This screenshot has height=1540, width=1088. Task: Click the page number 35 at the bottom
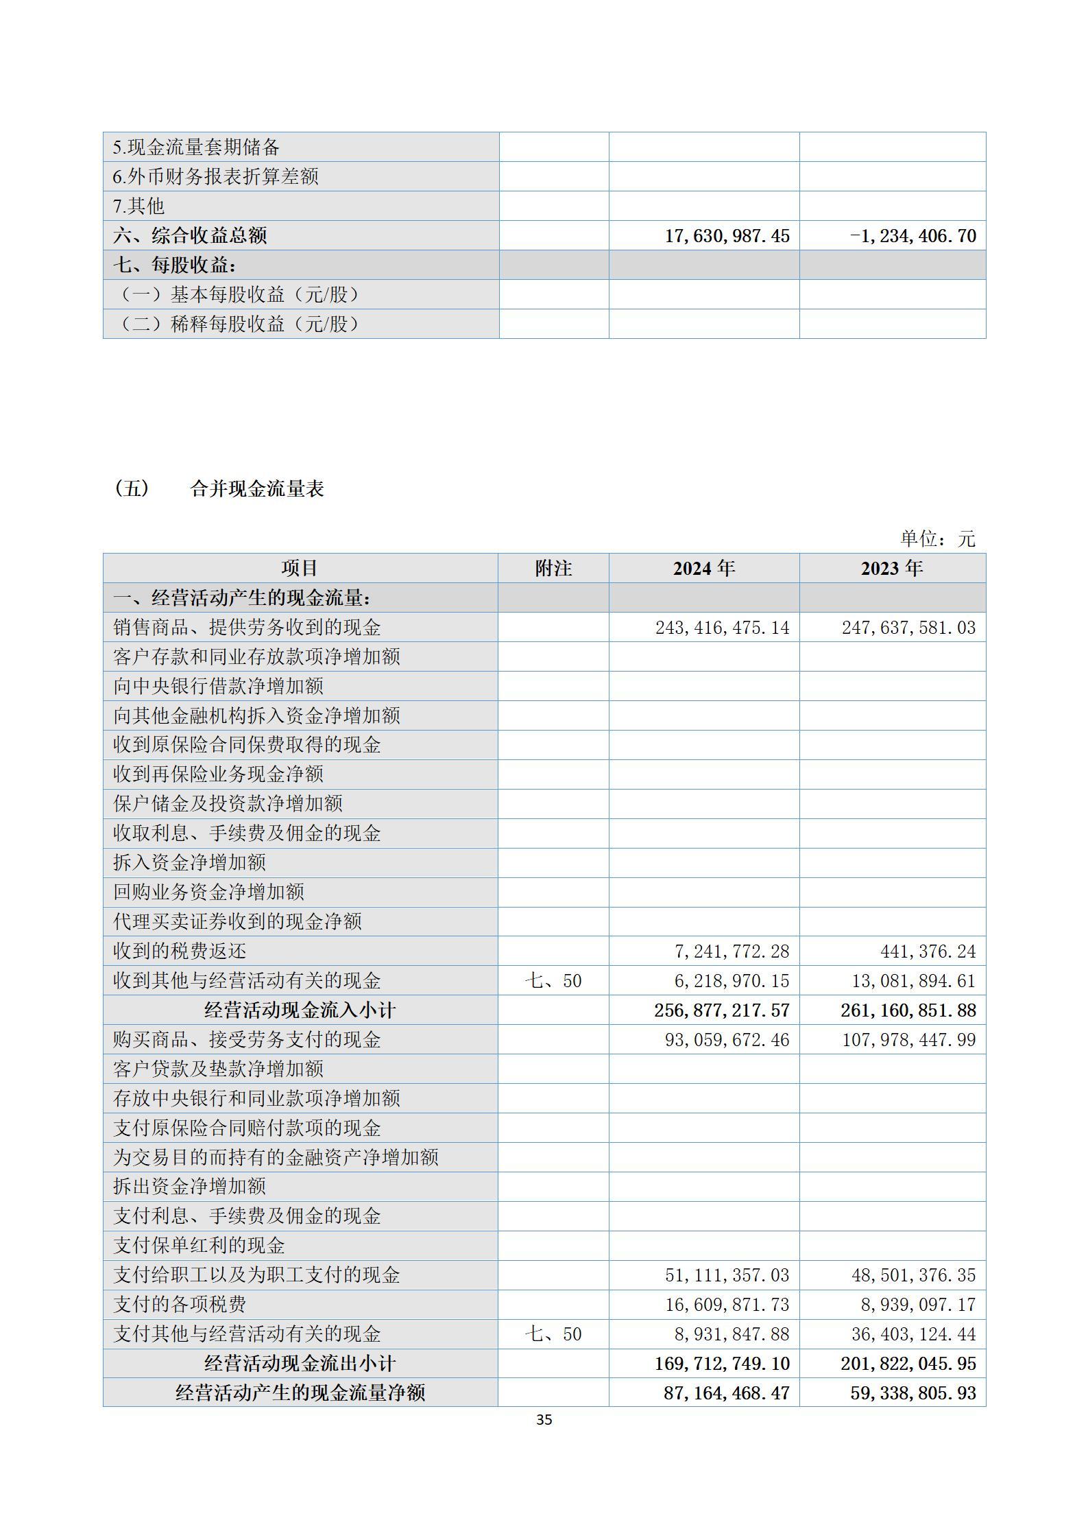[544, 1419]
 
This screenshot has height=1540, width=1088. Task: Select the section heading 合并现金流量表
[257, 489]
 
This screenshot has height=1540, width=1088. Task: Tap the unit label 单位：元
[937, 539]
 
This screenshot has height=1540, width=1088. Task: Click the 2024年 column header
[703, 569]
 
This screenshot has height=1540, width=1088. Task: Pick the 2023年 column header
[892, 569]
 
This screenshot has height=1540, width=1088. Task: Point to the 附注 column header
[553, 569]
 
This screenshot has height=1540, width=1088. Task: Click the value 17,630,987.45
[727, 236]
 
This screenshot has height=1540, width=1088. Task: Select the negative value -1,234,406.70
[912, 236]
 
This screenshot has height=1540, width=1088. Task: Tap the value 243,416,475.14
[722, 628]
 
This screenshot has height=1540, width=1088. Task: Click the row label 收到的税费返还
[180, 951]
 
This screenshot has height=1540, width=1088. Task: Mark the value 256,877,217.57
[722, 1010]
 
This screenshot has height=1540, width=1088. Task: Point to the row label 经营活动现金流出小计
[300, 1364]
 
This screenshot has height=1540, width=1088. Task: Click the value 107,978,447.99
[908, 1040]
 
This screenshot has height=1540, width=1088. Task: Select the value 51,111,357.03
[727, 1275]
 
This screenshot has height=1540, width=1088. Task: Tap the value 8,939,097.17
[918, 1305]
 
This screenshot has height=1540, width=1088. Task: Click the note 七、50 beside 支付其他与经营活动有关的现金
[553, 1334]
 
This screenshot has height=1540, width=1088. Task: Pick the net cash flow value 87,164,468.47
[727, 1393]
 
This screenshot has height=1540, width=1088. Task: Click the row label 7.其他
[138, 206]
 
